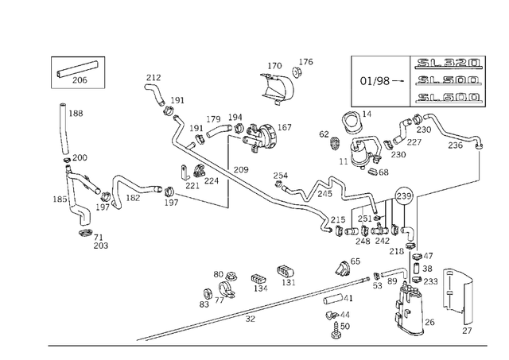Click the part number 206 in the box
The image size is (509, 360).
pos(80,79)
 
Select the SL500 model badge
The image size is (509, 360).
pos(448,80)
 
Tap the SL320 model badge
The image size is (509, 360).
pos(448,63)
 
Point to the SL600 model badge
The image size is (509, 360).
pos(448,97)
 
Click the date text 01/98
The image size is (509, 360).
pos(375,81)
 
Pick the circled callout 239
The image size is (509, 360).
pos(404,195)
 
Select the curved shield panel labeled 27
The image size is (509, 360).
pos(457,296)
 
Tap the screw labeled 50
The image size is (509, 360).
pos(336,331)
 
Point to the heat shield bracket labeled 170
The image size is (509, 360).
pos(277,87)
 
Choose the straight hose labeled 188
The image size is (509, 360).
pos(64,129)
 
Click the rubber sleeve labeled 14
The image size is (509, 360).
pos(352,122)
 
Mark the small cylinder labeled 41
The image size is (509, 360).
pos(333,299)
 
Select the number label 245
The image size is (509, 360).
pos(325,194)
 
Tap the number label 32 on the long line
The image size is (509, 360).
pos(250,319)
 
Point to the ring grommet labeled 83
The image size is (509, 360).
pos(207,294)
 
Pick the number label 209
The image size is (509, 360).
pos(241,169)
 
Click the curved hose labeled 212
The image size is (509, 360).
pos(155,94)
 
